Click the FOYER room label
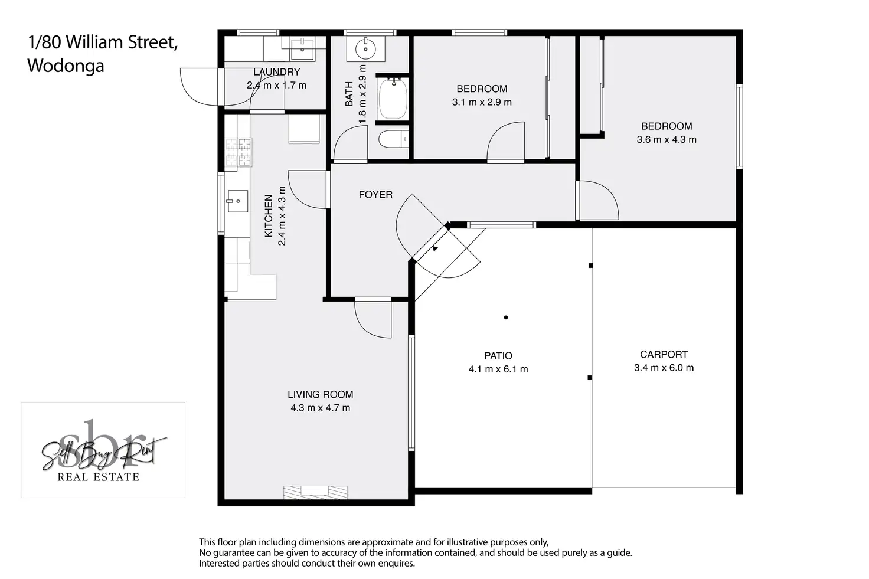coord(375,194)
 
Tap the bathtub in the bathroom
coord(393,99)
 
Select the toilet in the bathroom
coord(393,139)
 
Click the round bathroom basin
coord(365,49)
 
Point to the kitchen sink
coord(237,201)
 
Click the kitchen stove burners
coord(239,152)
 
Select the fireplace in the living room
coord(315,492)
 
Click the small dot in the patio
coord(506,317)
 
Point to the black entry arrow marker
coord(435,248)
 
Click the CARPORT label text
coord(664,355)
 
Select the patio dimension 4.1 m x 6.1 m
coord(498,369)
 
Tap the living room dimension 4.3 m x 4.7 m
coord(321,408)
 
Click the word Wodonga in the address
coord(66,66)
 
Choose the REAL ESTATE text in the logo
coord(98,477)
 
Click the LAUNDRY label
coord(277,72)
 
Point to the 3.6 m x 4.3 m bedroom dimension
coord(667,140)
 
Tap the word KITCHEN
coord(269,215)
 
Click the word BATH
coord(349,94)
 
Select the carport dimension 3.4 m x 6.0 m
coord(664,368)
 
